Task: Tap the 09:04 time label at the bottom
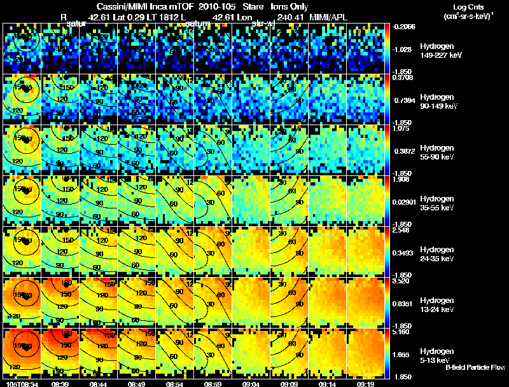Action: click(251, 383)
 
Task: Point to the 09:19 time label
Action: click(365, 383)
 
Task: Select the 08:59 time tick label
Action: click(213, 383)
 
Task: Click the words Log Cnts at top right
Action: click(465, 6)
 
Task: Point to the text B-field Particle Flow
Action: click(475, 367)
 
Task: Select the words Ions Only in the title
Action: click(289, 6)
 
